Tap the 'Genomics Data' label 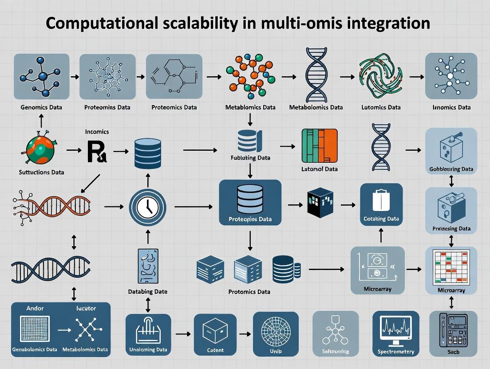tap(41, 107)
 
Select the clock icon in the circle tap(147, 207)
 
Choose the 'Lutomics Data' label tap(381, 107)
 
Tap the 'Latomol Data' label tap(319, 169)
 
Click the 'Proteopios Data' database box tap(250, 202)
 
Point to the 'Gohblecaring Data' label tap(451, 169)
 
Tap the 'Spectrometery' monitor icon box tap(395, 334)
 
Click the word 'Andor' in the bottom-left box tap(36, 308)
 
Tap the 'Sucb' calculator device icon tap(453, 334)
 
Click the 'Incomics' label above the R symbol tap(96, 132)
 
